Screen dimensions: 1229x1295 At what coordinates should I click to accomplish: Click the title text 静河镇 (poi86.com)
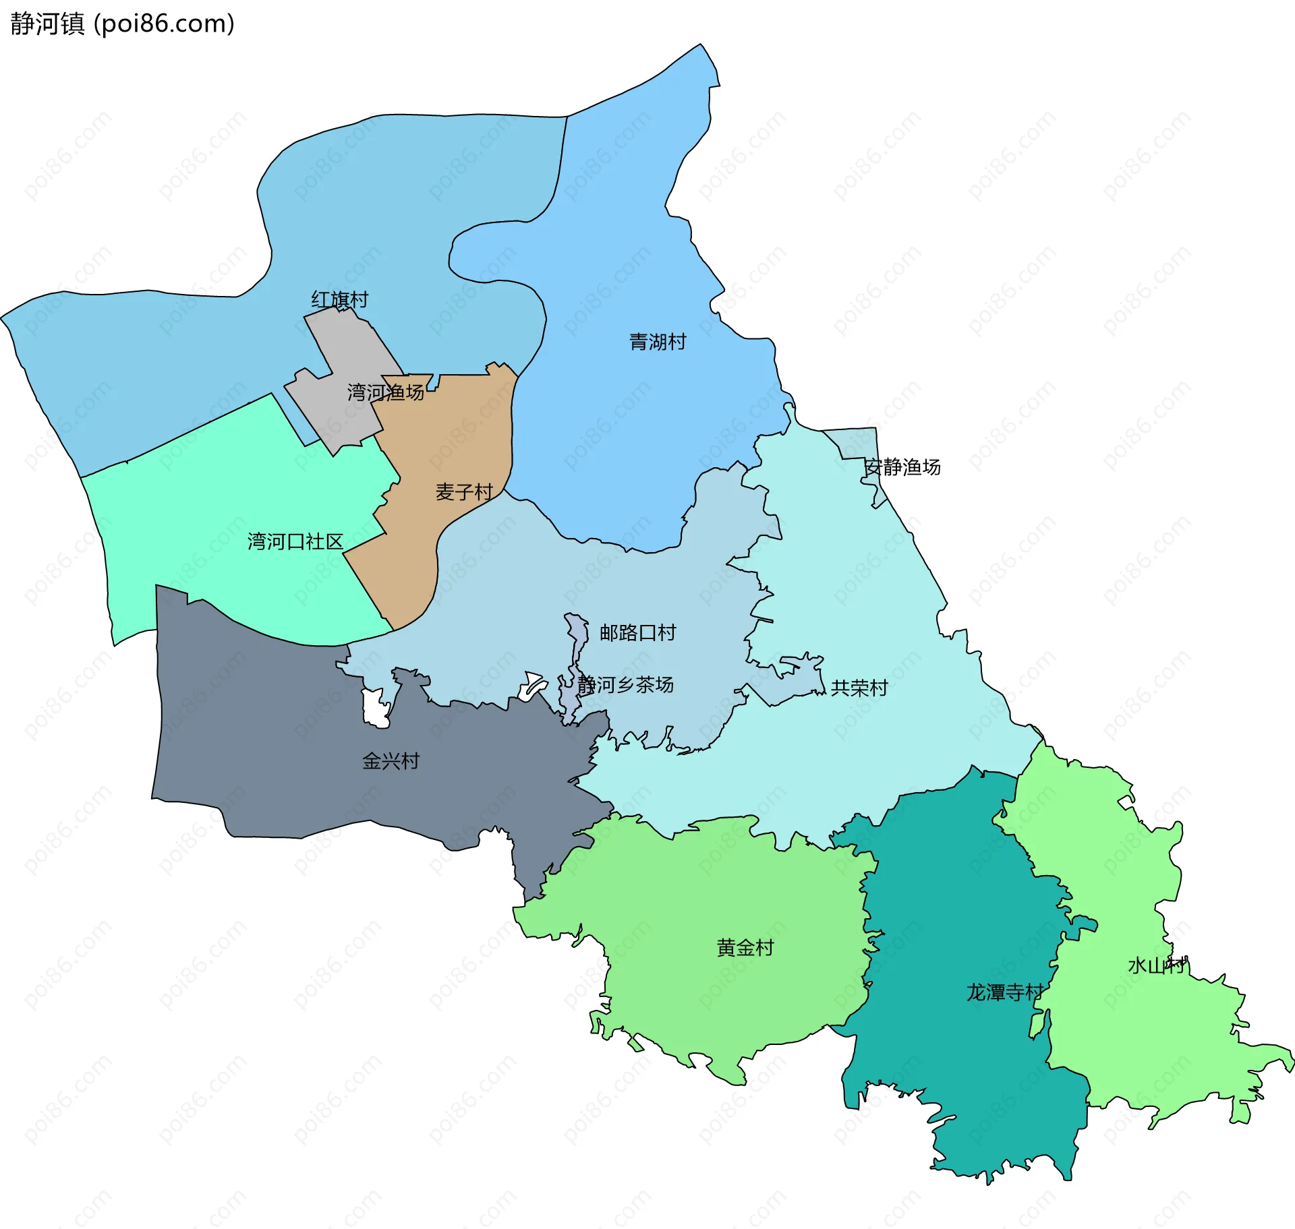122,24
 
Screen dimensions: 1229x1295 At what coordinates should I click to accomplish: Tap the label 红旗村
339,299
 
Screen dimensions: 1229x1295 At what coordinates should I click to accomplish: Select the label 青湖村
658,342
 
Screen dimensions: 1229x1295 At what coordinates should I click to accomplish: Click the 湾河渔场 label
385,392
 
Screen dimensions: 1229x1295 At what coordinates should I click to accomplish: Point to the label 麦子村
464,492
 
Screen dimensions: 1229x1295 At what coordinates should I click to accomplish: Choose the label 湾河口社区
295,541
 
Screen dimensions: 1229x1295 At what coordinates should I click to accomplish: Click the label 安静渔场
902,467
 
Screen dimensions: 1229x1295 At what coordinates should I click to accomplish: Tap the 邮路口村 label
637,632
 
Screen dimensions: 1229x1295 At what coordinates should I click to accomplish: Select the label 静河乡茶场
625,685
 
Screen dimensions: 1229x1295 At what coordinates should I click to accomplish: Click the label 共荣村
859,688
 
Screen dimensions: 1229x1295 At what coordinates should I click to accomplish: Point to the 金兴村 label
391,761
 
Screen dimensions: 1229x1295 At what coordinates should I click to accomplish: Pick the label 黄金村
745,948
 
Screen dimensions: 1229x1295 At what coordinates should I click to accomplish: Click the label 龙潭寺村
1004,992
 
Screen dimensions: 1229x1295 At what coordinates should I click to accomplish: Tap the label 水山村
1156,965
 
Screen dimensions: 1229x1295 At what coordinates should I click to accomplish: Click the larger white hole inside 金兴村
374,708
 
